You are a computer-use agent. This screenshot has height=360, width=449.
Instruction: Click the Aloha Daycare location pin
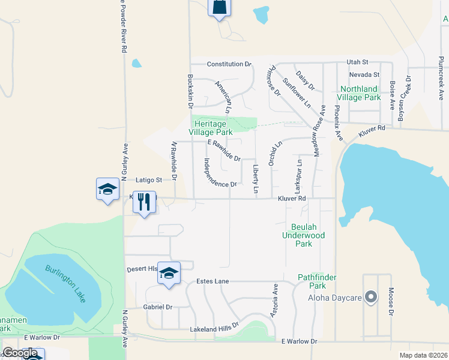pyautogui.click(x=371, y=297)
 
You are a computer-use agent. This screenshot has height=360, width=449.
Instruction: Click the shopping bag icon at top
pyautogui.click(x=220, y=7)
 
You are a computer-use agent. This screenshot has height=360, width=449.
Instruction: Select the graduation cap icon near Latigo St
pyautogui.click(x=108, y=189)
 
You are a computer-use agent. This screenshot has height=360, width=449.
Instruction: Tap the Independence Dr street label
pyautogui.click(x=220, y=173)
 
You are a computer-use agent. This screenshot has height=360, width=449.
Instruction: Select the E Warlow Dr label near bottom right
pyautogui.click(x=299, y=341)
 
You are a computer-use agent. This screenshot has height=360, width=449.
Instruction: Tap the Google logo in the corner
pyautogui.click(x=20, y=353)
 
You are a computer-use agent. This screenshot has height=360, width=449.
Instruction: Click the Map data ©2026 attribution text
pyautogui.click(x=423, y=355)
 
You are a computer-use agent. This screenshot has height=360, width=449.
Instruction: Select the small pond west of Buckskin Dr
pyautogui.click(x=136, y=62)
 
